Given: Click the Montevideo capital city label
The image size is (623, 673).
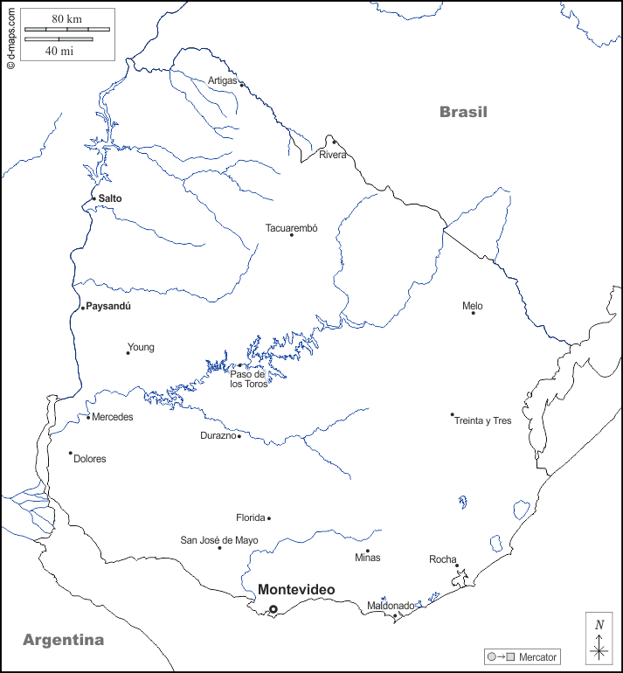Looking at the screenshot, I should pos(295,590).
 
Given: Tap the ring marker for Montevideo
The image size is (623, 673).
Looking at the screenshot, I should pos(273,609).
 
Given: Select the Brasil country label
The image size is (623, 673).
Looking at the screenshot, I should pos(463,112).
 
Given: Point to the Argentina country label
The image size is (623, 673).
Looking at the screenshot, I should pos(63,640).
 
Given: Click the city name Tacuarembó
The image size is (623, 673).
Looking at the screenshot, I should pos(292,228).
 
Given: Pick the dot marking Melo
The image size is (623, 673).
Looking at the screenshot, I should pos(474,313).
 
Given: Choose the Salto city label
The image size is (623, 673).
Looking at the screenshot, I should pos(110,198).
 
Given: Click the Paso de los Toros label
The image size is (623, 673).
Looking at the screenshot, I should pos(248,379).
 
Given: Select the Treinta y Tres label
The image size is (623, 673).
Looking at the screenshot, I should pos(482,420).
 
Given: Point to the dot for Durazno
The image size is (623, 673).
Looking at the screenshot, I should pos(239,435).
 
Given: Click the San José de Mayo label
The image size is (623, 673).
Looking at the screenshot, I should pos(219,540).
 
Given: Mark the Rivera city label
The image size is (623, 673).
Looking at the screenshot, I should pos(332,155).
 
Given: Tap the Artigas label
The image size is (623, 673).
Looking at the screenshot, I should pos(222,80).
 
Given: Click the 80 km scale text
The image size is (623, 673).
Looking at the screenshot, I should pos(66,18).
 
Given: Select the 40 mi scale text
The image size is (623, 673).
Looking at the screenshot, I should pos(59,51).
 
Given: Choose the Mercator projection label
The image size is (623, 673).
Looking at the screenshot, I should pos(536,656).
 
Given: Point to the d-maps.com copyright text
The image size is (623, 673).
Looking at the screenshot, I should pos(10,36).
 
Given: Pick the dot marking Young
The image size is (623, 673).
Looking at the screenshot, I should pos(128,353).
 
